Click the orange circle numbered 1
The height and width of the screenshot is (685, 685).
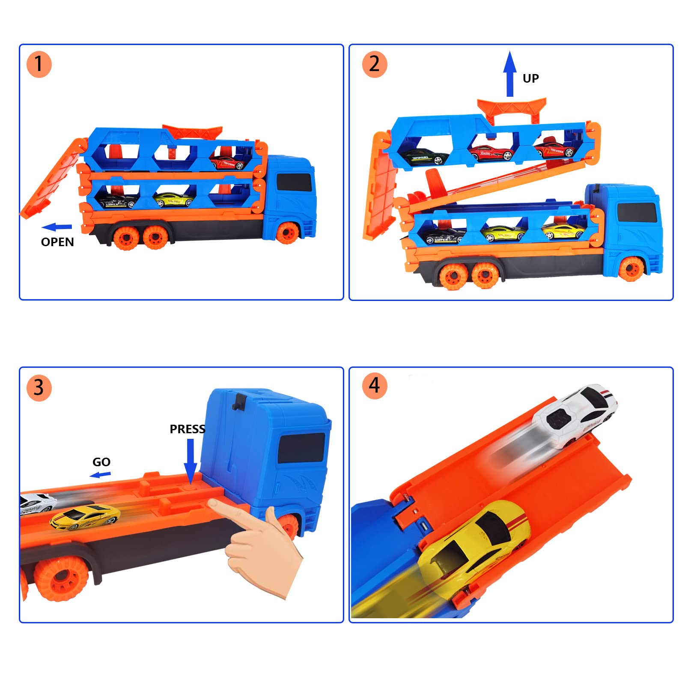pyautogui.click(x=39, y=65)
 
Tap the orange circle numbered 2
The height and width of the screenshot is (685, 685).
pyautogui.click(x=375, y=65)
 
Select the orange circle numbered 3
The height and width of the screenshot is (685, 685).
pyautogui.click(x=39, y=388)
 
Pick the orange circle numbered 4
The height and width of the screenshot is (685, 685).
pyautogui.click(x=375, y=386)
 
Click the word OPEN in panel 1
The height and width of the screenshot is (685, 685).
pyautogui.click(x=57, y=242)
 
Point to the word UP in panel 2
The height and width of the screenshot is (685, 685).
pyautogui.click(x=530, y=78)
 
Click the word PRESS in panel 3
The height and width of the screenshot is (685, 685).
pyautogui.click(x=187, y=429)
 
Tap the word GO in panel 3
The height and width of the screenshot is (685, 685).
pyautogui.click(x=101, y=462)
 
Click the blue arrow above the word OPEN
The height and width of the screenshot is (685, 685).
pyautogui.click(x=57, y=227)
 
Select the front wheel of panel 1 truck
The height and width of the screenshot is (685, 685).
pyautogui.click(x=287, y=232)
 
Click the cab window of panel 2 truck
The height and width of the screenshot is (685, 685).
pyautogui.click(x=637, y=212)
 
